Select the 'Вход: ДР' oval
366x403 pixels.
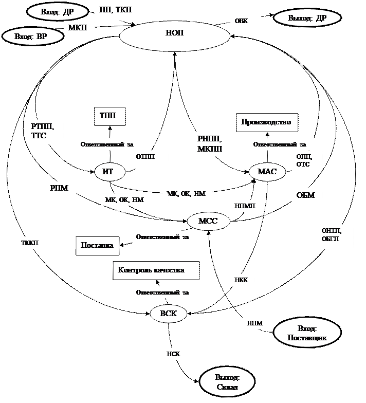pos(57,11)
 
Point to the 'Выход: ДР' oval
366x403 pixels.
pos(307,18)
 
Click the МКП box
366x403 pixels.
pos(79,27)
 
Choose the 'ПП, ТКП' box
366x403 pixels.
pos(116,11)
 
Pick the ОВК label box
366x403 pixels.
pos(245,21)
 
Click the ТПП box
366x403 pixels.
pos(109,116)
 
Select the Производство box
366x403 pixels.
pos(267,122)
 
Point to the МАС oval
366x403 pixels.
pos(267,172)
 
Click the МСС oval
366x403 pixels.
pos(208,222)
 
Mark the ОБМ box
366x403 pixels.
pos(307,196)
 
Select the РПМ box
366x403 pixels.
pos(63,188)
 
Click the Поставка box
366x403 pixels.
pos(98,246)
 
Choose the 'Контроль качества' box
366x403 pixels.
pos(155,270)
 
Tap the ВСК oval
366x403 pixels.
pos(169,313)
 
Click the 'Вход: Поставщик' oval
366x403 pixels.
pos(307,332)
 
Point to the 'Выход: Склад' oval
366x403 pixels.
pos(227,382)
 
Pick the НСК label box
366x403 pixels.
pos(178,354)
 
